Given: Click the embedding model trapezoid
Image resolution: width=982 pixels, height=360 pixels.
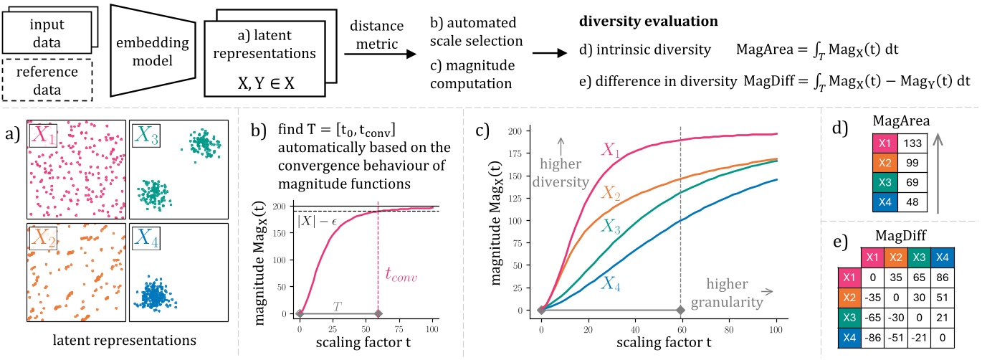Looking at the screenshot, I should (x=140, y=48).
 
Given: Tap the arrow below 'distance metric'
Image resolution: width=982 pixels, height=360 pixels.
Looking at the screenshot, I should (x=390, y=52).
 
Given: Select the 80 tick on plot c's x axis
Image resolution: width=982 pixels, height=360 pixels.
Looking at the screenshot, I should (x=728, y=323).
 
